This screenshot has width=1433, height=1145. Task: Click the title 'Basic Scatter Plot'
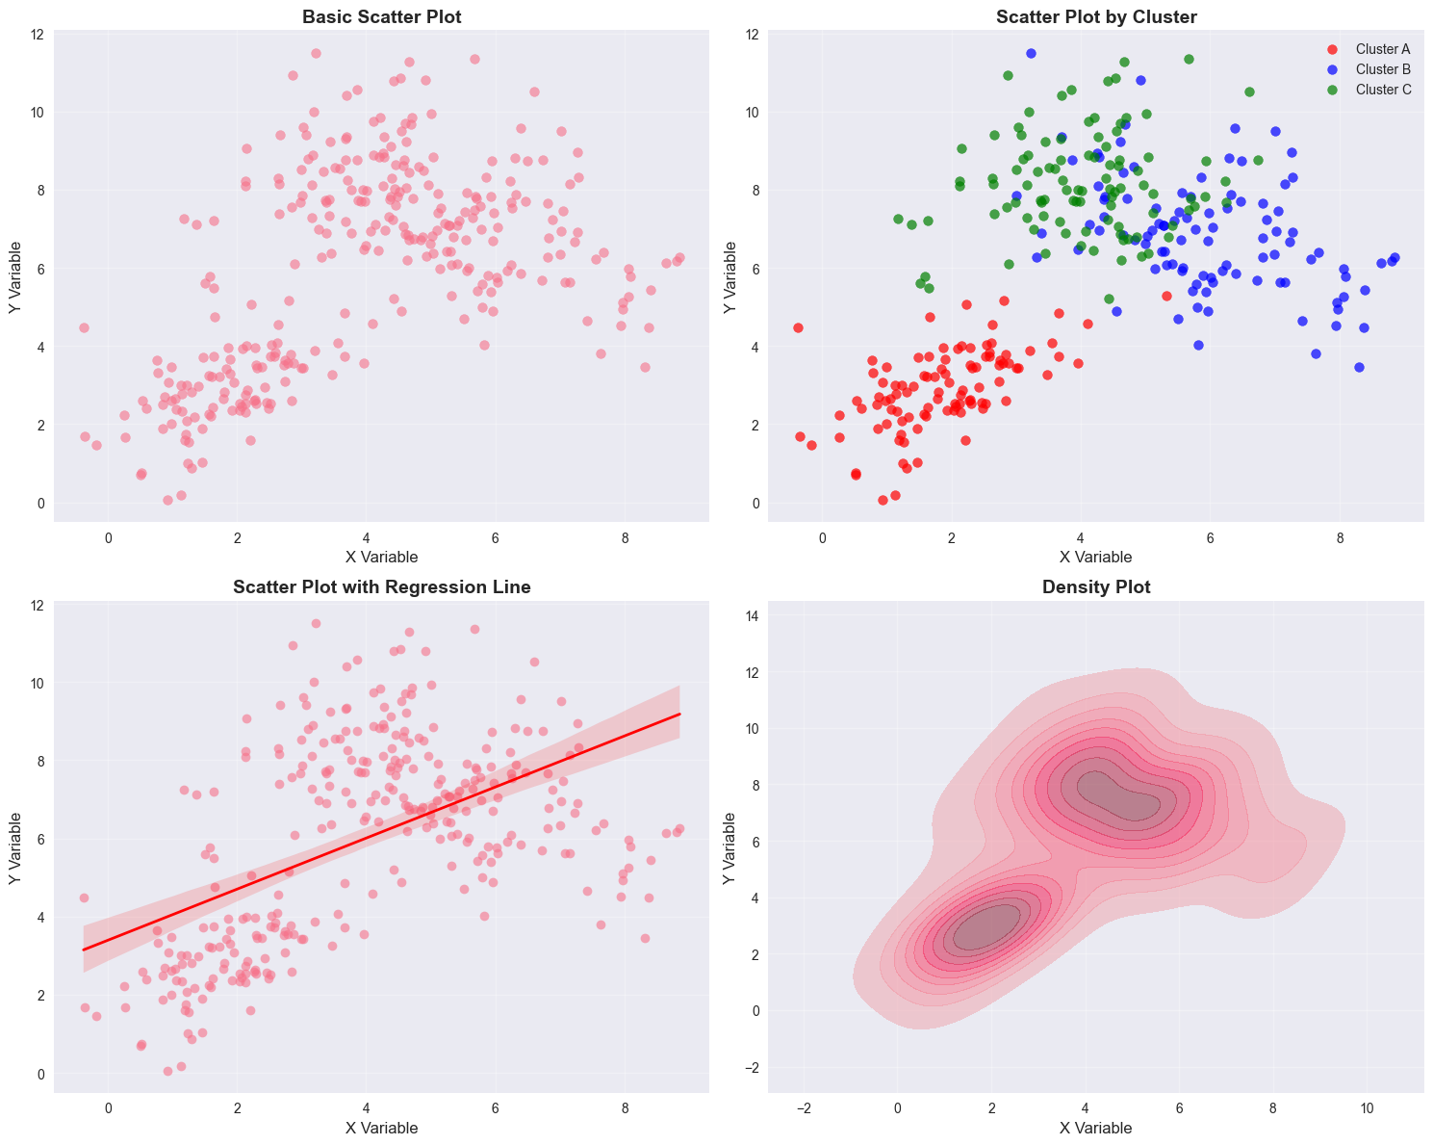pos(381,16)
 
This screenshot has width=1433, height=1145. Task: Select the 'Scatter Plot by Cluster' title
pos(1095,16)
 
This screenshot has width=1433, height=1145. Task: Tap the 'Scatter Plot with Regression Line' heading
pos(381,587)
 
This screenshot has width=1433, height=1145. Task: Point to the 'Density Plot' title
pos(1095,587)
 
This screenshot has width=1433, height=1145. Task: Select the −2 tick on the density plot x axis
pos(804,1108)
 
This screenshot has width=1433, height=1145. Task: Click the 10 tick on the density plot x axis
pos(1368,1108)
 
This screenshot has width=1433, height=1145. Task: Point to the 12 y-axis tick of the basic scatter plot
pos(37,35)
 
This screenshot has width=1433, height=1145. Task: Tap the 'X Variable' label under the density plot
pos(1095,1128)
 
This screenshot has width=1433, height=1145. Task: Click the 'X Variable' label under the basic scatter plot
pos(381,557)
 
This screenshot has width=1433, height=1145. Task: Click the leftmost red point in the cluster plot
pos(798,328)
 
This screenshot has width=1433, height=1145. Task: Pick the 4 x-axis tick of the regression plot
pos(366,1108)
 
